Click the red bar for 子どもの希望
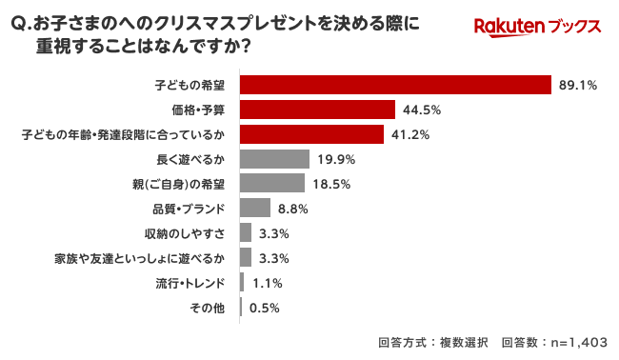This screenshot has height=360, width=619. click(396, 85)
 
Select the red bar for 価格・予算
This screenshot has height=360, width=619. click(317, 110)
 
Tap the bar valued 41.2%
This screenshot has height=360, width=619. click(311, 134)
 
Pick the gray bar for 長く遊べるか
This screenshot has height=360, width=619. click(274, 159)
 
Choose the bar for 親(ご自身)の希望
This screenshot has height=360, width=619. click(272, 183)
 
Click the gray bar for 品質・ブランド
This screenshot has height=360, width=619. click(255, 208)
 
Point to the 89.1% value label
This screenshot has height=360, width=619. click(578, 85)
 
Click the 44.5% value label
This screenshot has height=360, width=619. click(421, 110)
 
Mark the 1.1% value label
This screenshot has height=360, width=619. click(268, 282)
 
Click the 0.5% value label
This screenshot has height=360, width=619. click(264, 307)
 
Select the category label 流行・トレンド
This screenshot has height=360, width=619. click(191, 282)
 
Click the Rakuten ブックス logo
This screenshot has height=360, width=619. click(538, 29)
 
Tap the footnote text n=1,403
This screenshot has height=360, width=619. click(570, 342)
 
